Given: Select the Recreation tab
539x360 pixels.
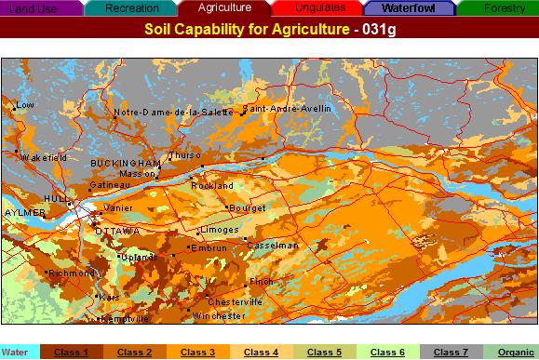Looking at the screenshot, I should [131, 7].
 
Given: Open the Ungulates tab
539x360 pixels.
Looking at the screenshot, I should [320, 7].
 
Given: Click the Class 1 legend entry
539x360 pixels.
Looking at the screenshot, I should [71, 353].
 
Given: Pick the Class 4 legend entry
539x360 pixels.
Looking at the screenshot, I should [262, 353].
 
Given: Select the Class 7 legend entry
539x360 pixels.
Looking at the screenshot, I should [451, 353].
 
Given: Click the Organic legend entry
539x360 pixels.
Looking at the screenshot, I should [516, 353].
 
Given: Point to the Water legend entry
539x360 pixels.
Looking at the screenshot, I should [14, 353].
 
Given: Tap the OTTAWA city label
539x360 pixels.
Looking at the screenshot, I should [117, 230].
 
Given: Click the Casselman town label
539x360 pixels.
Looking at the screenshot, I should [273, 245].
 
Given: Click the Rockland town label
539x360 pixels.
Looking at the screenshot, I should [213, 186].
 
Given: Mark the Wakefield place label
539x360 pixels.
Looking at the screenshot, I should [44, 158].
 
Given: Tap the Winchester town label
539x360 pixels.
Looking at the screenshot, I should [219, 316].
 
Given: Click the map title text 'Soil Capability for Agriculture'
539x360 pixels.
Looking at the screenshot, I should [236, 29].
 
